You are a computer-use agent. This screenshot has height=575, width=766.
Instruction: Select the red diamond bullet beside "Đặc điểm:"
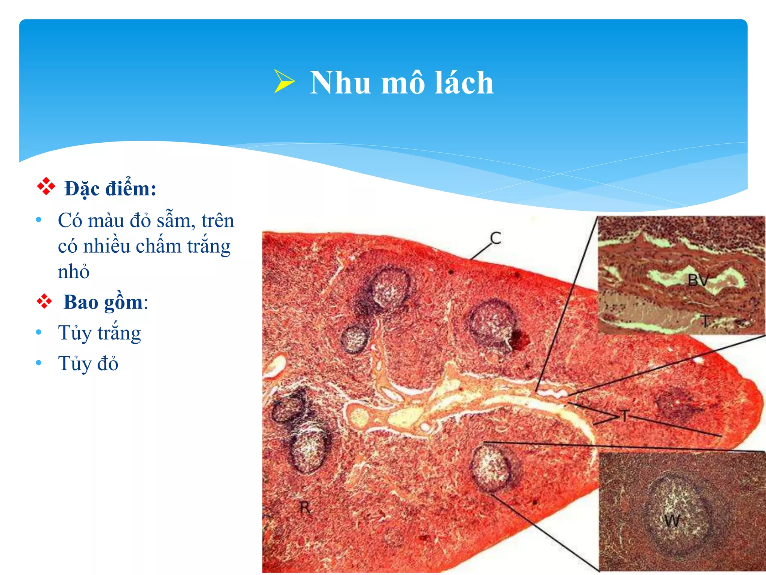pyautogui.click(x=46, y=186)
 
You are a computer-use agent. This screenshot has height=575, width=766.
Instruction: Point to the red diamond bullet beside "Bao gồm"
pyautogui.click(x=45, y=301)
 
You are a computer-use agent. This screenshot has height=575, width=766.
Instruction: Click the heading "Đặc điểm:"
pyautogui.click(x=110, y=188)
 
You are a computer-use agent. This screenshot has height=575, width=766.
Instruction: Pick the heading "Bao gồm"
pyautogui.click(x=103, y=302)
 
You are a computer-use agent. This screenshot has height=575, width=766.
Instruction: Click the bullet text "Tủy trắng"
pyautogui.click(x=99, y=333)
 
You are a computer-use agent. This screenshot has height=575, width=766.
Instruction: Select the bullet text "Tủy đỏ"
pyautogui.click(x=88, y=363)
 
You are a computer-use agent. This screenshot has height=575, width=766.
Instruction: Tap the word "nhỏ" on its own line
pyautogui.click(x=74, y=271)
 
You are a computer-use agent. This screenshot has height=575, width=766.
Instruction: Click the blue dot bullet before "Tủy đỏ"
pyautogui.click(x=39, y=363)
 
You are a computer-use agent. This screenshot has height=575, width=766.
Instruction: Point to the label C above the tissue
pyautogui.click(x=495, y=238)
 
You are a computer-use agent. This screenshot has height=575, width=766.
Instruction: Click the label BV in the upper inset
pyautogui.click(x=698, y=280)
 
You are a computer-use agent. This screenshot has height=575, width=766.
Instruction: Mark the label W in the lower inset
pyautogui.click(x=672, y=521)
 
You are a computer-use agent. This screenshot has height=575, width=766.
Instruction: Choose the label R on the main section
pyautogui.click(x=305, y=508)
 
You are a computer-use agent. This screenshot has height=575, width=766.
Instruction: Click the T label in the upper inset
pyautogui.click(x=705, y=321)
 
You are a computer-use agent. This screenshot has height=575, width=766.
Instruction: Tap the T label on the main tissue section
pyautogui.click(x=625, y=416)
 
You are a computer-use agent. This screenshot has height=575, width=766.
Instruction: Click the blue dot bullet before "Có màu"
pyautogui.click(x=39, y=220)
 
